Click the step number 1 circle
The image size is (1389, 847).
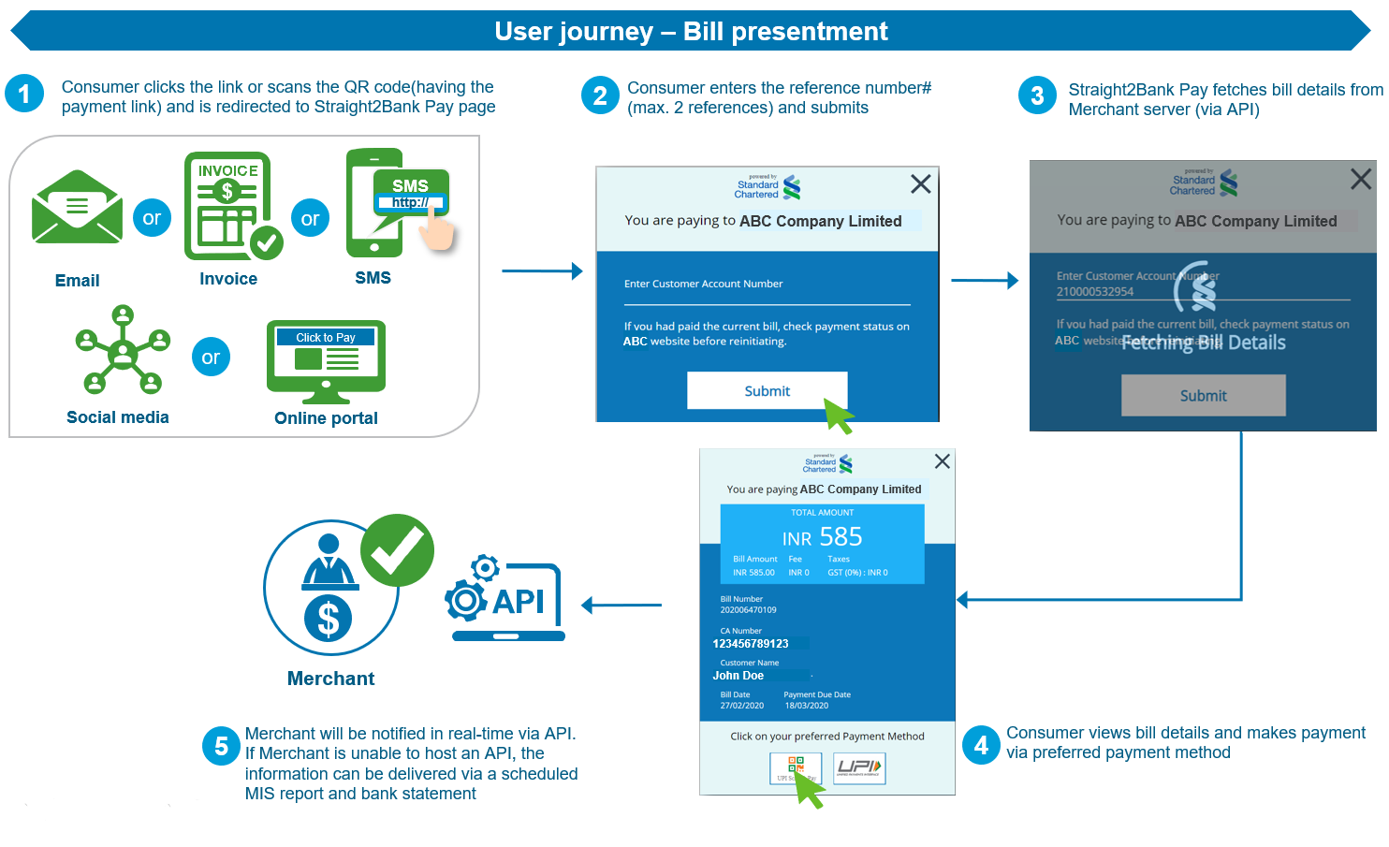[24, 94]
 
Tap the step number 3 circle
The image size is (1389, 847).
[1037, 95]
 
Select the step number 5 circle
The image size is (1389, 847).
[221, 746]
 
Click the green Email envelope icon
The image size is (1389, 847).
[77, 208]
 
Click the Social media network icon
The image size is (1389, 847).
[123, 350]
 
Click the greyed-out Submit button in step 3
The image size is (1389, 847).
[1203, 396]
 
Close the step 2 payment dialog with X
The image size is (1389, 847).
[921, 184]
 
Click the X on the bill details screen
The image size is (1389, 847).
[943, 461]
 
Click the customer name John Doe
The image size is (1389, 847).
[738, 676]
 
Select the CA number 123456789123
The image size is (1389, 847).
[751, 644]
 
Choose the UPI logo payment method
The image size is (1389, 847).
[858, 768]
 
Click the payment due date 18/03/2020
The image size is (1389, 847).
[806, 706]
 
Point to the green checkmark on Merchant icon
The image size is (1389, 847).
[398, 550]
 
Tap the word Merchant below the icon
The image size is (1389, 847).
[330, 679]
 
